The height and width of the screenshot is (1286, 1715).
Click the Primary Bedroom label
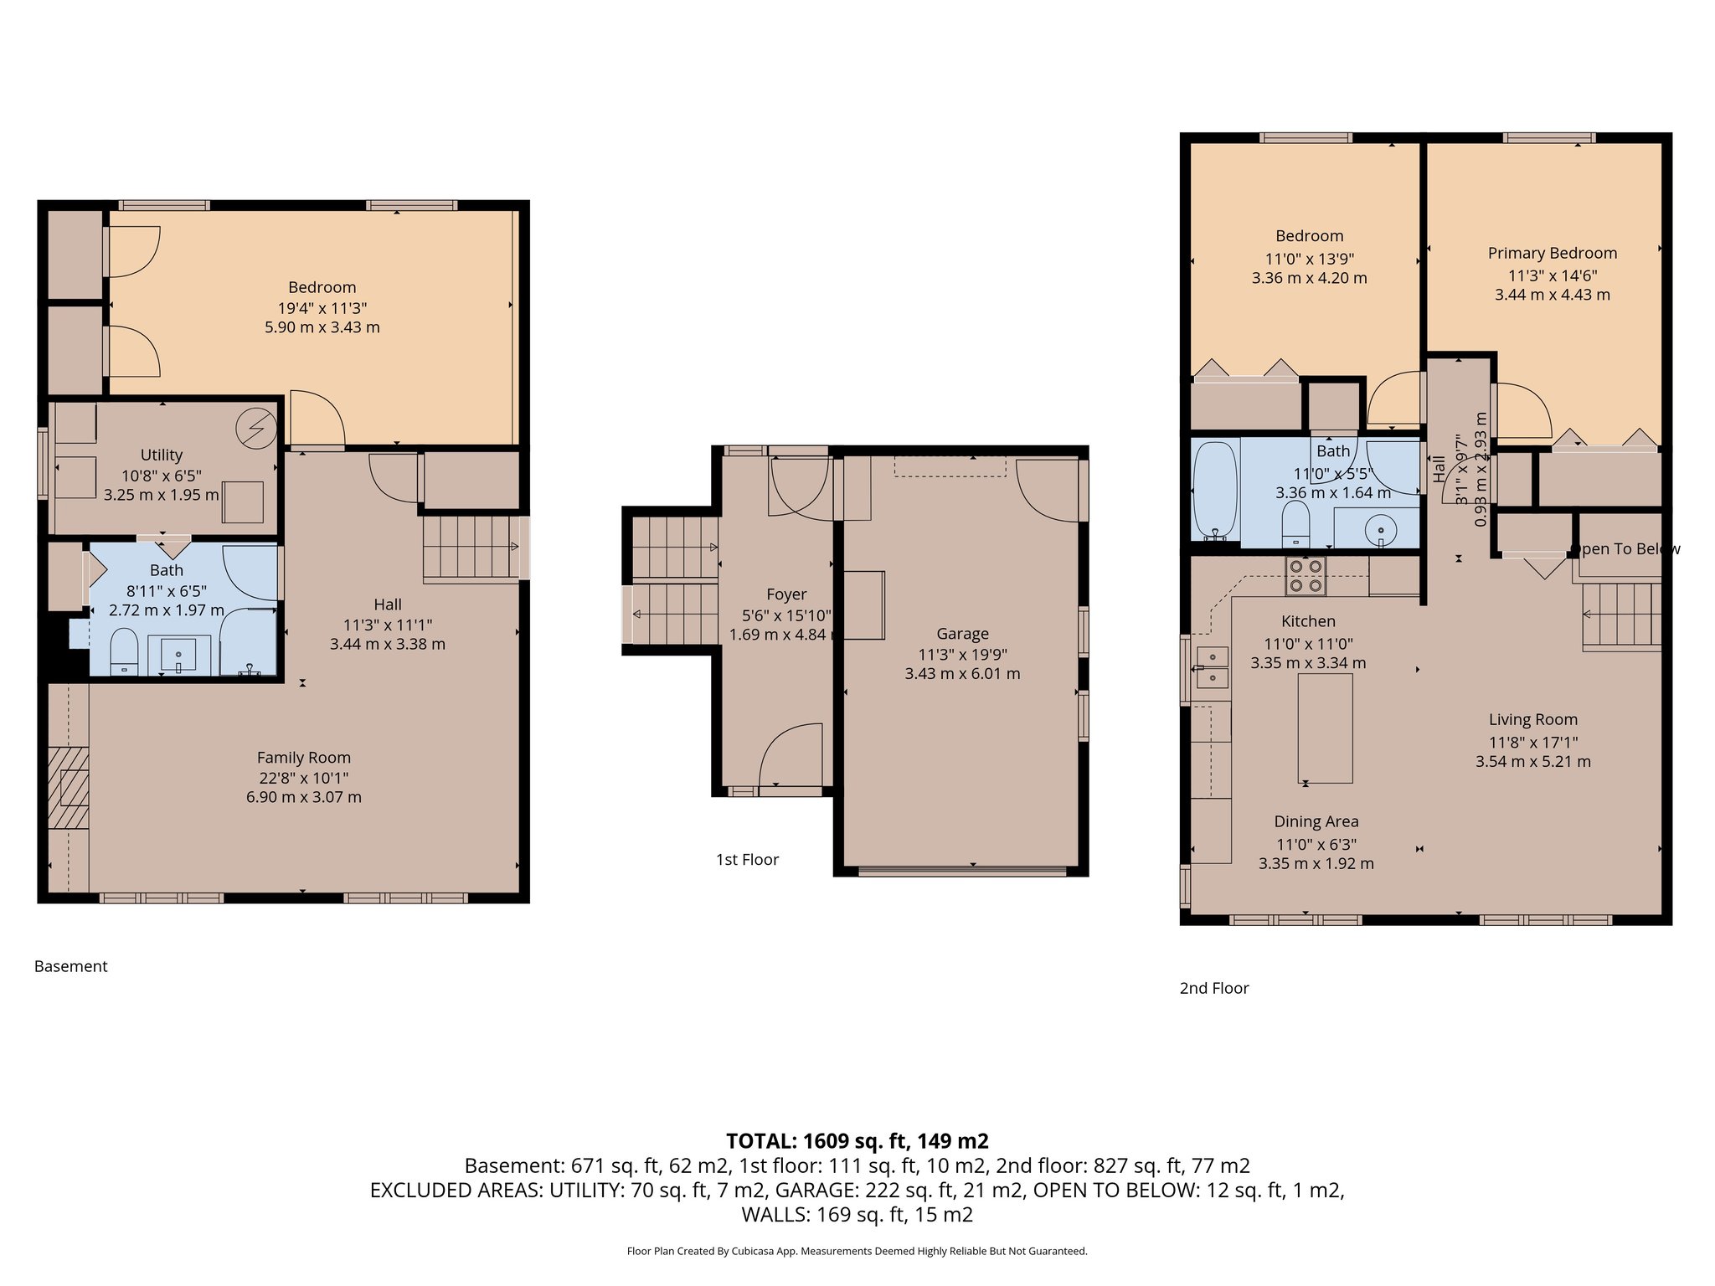click(1552, 253)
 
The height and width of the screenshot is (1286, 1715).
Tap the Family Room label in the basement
click(303, 758)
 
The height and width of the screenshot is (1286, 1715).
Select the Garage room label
click(962, 634)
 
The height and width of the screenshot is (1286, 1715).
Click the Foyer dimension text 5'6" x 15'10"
click(786, 615)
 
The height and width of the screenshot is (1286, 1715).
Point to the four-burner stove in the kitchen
click(1306, 576)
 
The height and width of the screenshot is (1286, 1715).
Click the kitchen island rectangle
click(1325, 728)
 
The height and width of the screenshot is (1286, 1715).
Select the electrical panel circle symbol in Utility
click(255, 428)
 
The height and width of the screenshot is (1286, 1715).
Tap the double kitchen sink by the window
click(1211, 667)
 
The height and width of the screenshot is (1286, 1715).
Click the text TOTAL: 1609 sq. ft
click(857, 1140)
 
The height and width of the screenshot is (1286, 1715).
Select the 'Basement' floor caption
click(70, 966)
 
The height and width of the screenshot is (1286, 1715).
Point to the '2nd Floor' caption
click(1213, 988)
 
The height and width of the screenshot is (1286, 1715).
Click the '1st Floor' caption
click(747, 859)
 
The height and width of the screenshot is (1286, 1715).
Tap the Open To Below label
click(1625, 548)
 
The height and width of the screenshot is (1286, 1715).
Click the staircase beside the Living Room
click(1620, 615)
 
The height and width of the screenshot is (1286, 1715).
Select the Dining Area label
click(1316, 821)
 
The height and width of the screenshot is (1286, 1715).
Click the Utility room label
click(161, 455)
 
